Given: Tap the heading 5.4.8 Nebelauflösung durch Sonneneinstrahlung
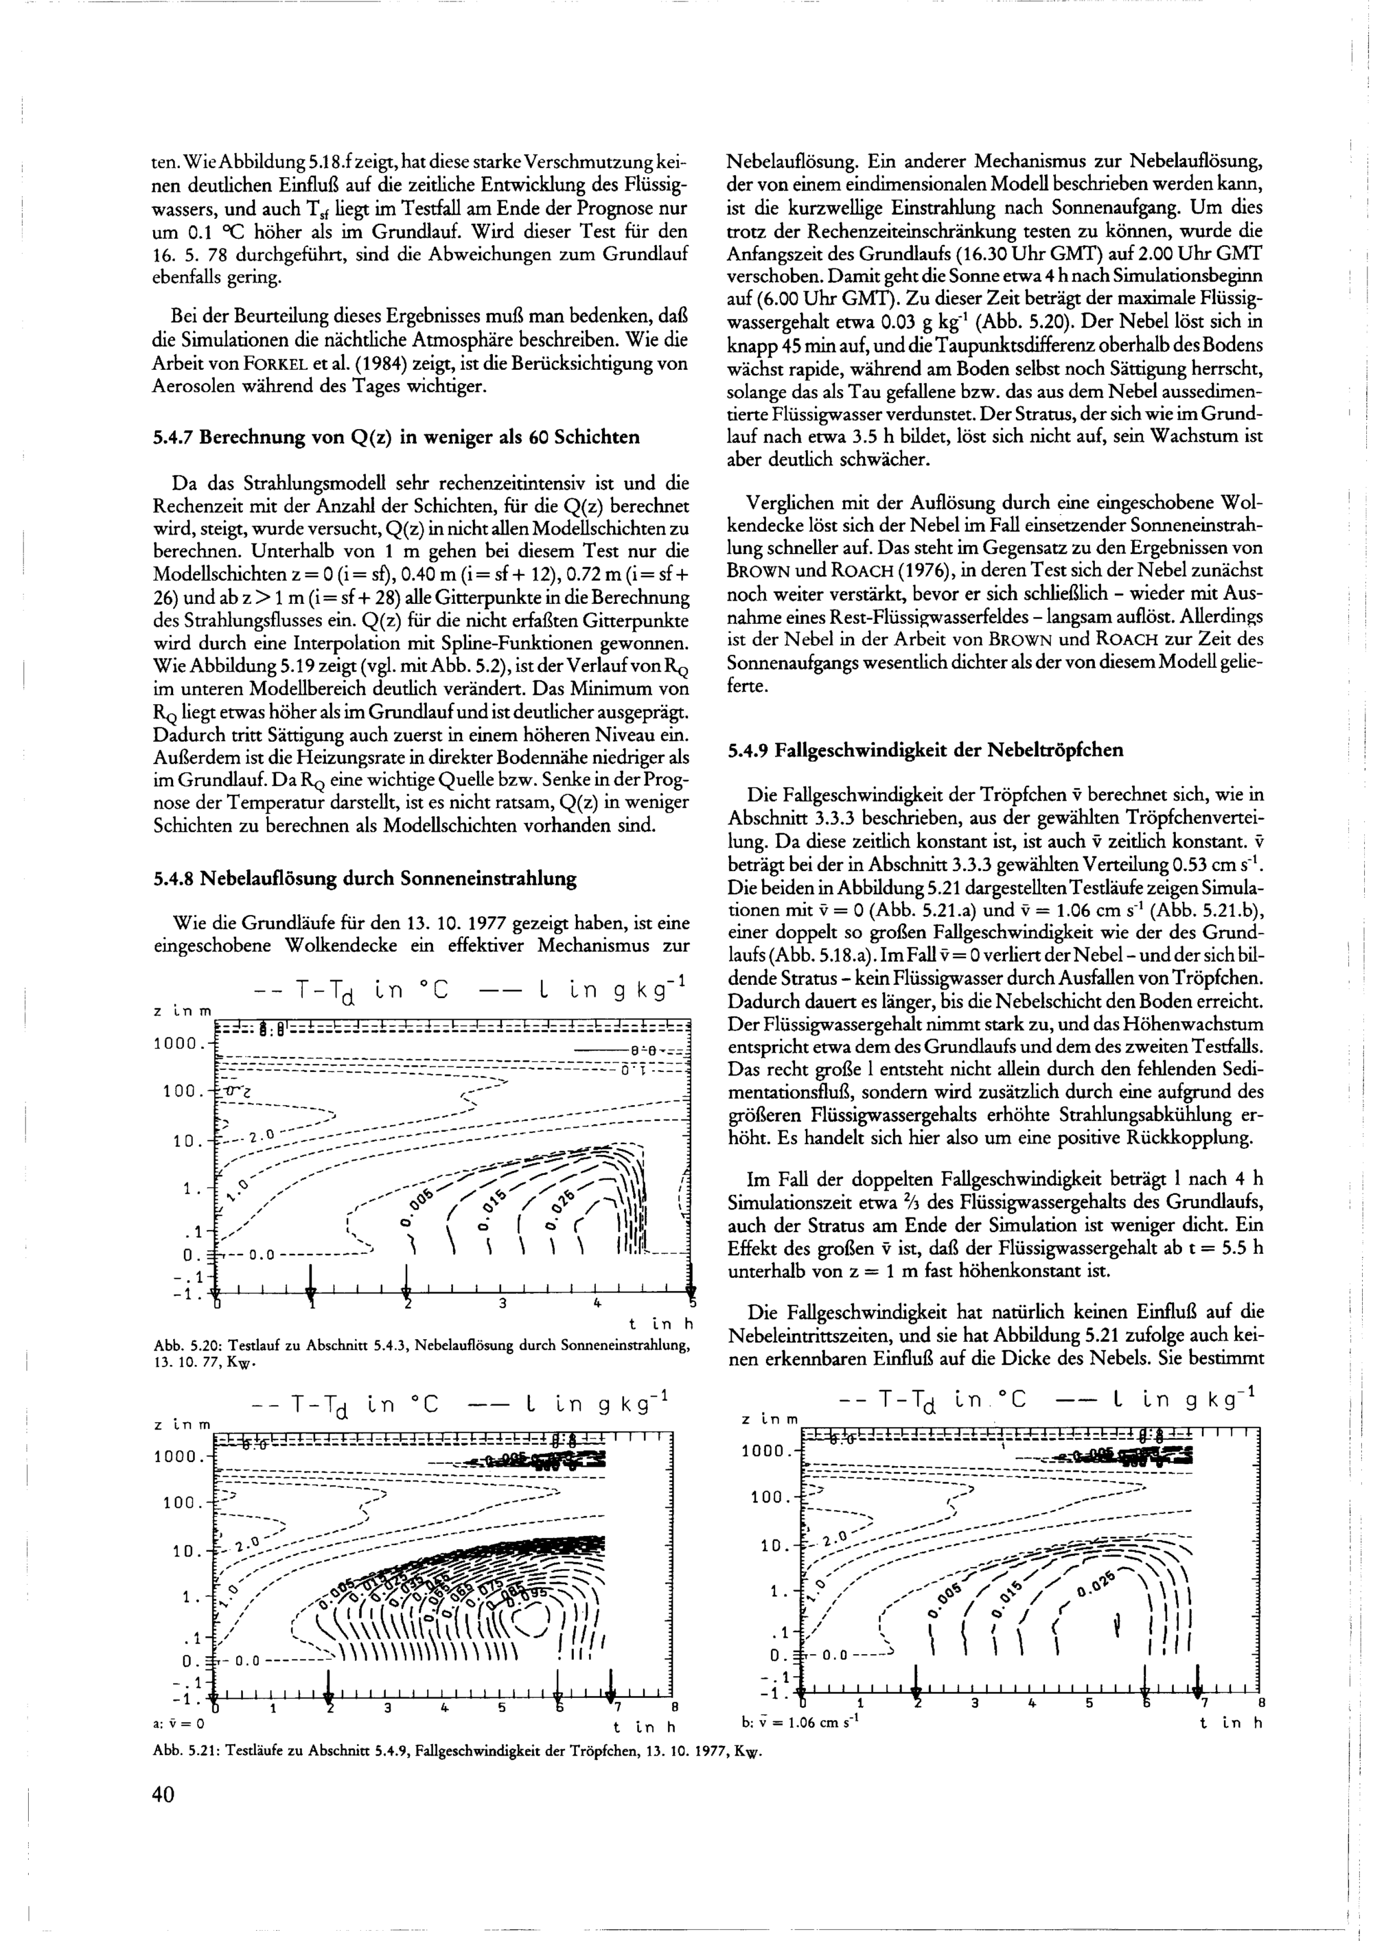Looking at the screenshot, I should pos(365,879).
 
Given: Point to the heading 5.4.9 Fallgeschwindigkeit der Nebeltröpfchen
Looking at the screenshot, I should pos(925,750).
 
